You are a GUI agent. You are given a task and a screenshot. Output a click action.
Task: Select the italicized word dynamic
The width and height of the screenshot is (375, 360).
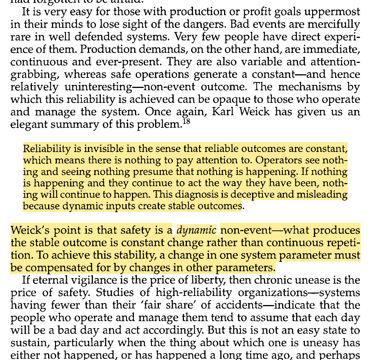(x=197, y=230)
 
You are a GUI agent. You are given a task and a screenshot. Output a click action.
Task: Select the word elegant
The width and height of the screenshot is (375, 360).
(x=30, y=124)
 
